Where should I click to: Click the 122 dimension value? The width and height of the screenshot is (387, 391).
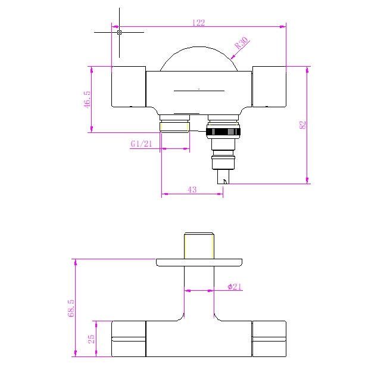(198, 23)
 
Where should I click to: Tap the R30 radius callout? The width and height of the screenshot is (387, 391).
(241, 43)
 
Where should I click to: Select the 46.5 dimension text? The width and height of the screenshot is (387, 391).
(87, 100)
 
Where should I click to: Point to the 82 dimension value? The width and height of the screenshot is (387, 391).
(302, 125)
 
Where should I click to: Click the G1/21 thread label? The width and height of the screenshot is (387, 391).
(141, 144)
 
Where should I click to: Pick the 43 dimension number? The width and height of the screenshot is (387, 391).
(192, 190)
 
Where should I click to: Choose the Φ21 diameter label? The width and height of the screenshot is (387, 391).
(235, 287)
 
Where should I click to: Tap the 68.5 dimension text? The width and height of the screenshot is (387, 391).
(71, 308)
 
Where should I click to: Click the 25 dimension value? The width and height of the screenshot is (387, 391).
(92, 339)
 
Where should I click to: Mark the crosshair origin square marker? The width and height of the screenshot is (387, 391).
(119, 32)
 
